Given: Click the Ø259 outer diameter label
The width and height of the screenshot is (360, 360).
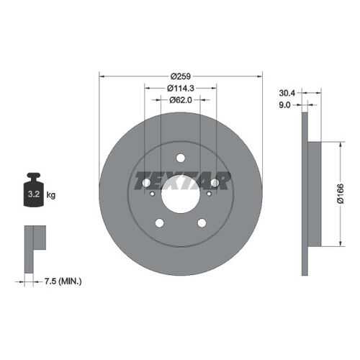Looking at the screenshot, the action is tap(181, 76).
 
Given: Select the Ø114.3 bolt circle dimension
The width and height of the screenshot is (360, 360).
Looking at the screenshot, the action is tap(181, 89).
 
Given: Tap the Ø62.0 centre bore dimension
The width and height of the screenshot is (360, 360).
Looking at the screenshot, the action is tap(181, 100).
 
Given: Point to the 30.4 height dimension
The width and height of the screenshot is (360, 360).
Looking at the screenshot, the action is tap(287, 93).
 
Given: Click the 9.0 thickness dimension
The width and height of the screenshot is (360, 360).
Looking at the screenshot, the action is tap(284, 105).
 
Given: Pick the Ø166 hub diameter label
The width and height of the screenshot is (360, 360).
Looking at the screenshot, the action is tap(341, 194).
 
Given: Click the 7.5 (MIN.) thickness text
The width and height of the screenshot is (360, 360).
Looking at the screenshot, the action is tap(63, 281).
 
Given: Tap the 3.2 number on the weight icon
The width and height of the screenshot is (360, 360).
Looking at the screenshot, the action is tap(34, 194).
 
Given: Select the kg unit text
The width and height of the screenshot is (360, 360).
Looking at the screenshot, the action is tap(51, 194).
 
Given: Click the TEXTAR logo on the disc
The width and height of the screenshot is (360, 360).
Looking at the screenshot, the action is tap(183, 181).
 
